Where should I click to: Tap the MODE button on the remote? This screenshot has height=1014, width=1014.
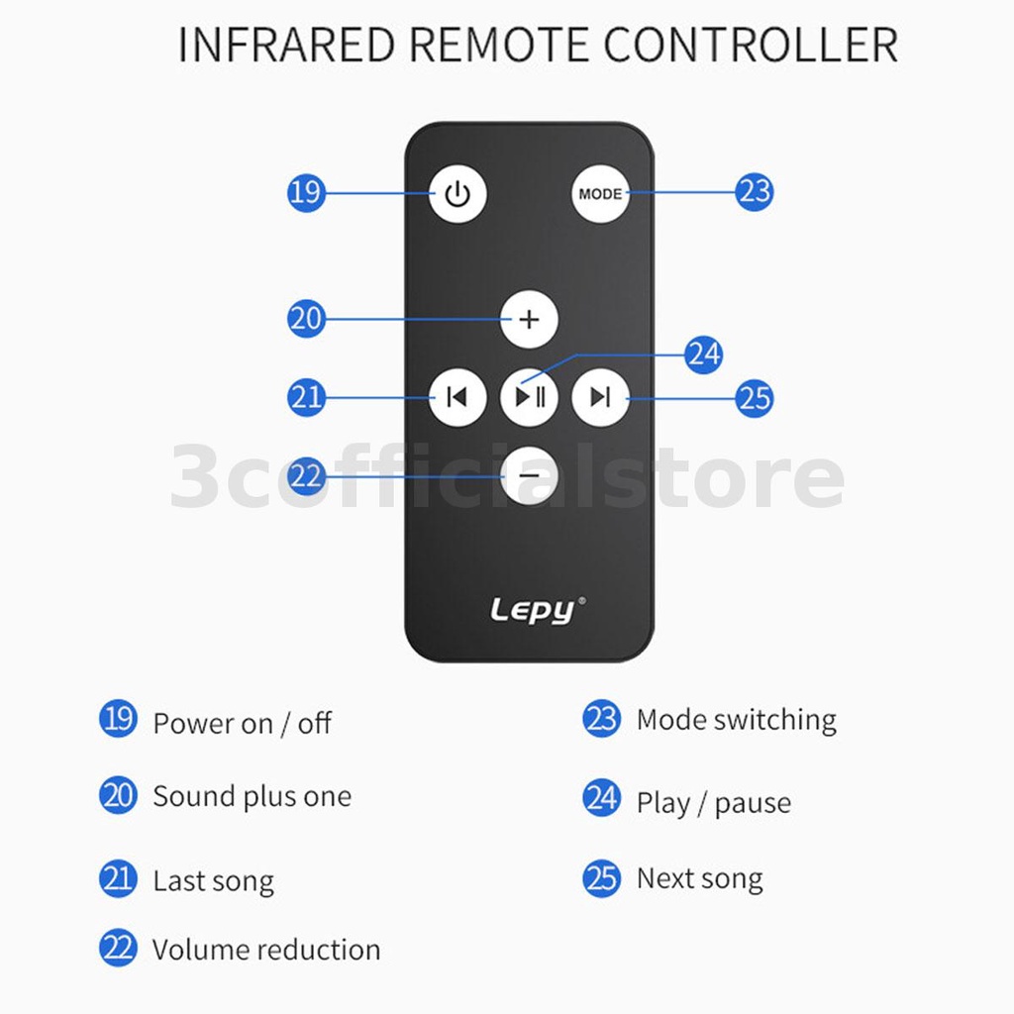pyautogui.click(x=600, y=193)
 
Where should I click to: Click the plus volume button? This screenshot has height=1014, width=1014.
pyautogui.click(x=529, y=319)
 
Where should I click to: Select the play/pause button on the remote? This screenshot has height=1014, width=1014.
pyautogui.click(x=529, y=396)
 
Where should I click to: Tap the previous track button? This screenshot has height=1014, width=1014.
pyautogui.click(x=457, y=396)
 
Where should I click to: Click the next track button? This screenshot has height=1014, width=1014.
pyautogui.click(x=600, y=396)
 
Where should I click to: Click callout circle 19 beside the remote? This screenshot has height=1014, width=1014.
pyautogui.click(x=306, y=192)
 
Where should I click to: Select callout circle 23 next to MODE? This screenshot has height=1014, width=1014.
pyautogui.click(x=754, y=191)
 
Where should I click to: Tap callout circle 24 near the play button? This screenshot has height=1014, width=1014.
pyautogui.click(x=704, y=355)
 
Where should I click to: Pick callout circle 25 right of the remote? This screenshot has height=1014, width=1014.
pyautogui.click(x=754, y=398)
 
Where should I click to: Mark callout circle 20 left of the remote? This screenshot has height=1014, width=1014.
pyautogui.click(x=306, y=318)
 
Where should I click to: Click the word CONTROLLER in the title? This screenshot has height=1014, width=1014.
pyautogui.click(x=751, y=46)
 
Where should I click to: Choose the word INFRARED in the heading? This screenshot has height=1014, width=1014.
pyautogui.click(x=286, y=46)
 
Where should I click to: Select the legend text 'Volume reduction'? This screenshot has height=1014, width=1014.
pyautogui.click(x=266, y=950)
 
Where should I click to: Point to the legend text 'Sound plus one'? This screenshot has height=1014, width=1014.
pyautogui.click(x=253, y=796)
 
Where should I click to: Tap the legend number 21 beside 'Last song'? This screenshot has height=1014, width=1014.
pyautogui.click(x=118, y=878)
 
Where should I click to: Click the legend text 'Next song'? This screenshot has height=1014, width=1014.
pyautogui.click(x=700, y=879)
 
